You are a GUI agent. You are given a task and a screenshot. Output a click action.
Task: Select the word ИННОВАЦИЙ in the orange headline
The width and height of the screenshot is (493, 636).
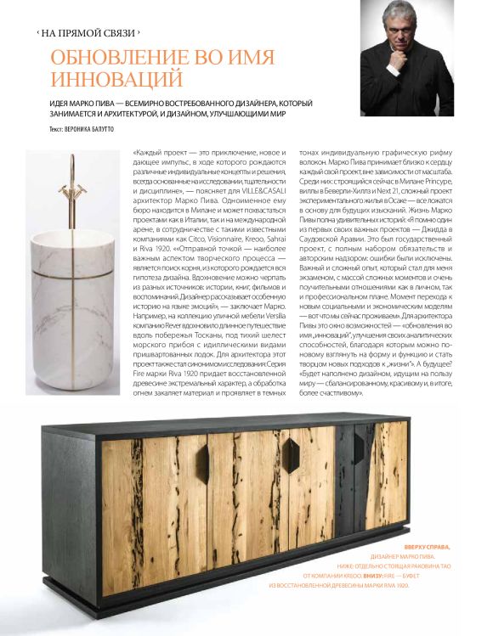click(x=116, y=80)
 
